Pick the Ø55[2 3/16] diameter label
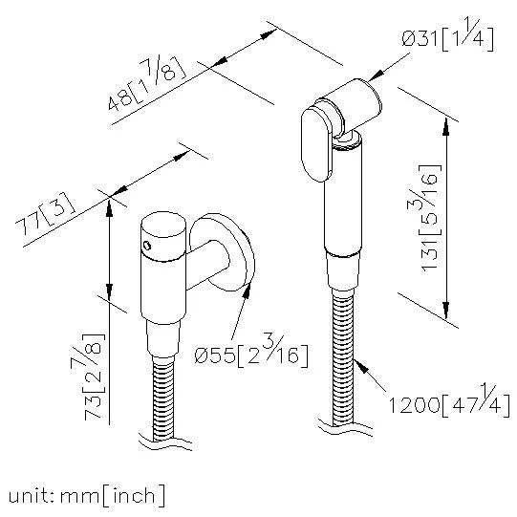pos(250,355)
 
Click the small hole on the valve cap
pos(145,245)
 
